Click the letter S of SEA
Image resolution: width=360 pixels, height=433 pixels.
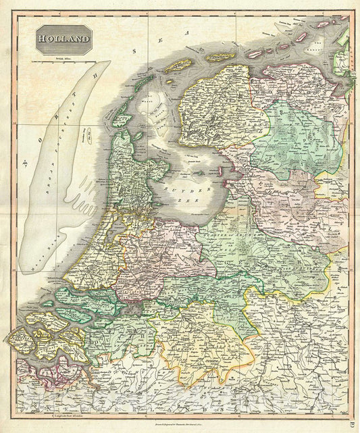(135, 51)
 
